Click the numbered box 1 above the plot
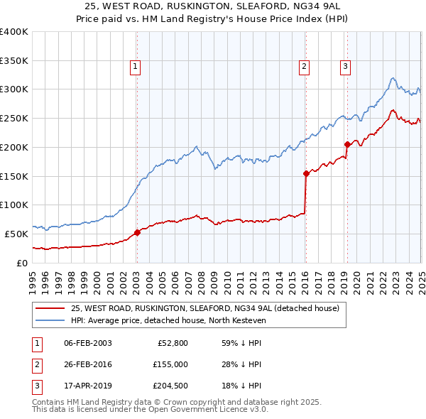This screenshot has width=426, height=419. (135, 67)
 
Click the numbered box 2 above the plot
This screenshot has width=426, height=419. (304, 67)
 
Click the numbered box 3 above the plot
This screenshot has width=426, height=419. (345, 67)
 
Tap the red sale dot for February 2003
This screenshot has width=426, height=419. (137, 232)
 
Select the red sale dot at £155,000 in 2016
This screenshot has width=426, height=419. (306, 173)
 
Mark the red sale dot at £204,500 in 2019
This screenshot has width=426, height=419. (347, 144)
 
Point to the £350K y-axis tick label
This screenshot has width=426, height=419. (13, 60)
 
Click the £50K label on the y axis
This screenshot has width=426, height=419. (16, 234)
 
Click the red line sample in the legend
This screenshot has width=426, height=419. (50, 308)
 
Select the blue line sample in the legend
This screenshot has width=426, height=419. (50, 320)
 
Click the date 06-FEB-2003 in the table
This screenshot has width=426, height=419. (87, 342)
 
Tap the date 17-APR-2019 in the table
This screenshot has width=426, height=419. (87, 386)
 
